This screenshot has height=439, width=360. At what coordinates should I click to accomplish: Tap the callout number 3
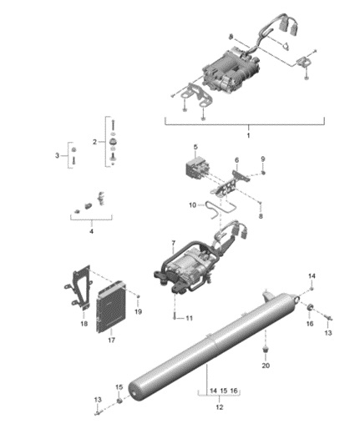click(57, 155)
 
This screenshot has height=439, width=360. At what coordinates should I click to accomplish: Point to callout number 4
click(92, 230)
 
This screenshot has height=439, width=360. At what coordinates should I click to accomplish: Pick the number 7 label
click(173, 244)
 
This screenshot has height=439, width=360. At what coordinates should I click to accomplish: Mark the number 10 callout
click(191, 205)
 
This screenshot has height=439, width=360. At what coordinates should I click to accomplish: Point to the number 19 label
click(139, 310)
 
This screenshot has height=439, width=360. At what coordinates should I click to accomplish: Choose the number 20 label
click(266, 366)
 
